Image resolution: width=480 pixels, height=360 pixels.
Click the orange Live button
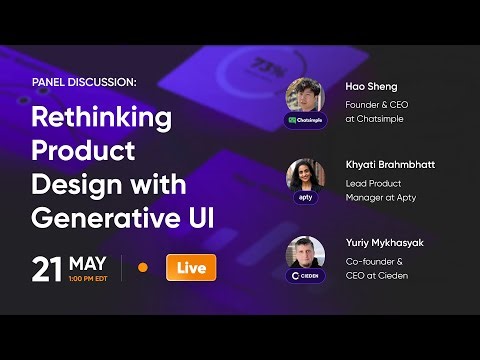[190, 268]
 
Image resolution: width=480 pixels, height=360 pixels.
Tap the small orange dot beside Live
[142, 268]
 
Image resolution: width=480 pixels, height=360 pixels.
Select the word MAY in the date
[90, 263]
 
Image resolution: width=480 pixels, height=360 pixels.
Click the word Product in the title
[80, 150]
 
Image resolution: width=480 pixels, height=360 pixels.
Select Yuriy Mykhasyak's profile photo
[305, 252]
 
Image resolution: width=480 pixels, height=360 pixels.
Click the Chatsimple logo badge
[305, 120]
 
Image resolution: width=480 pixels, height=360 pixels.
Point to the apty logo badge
[305, 197]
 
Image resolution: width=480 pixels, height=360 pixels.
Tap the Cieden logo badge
[305, 275]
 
